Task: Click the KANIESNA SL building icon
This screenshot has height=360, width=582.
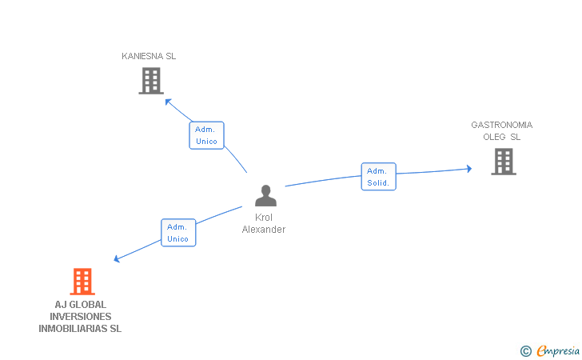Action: tap(151, 81)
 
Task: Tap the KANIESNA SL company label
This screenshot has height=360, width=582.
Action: tap(149, 56)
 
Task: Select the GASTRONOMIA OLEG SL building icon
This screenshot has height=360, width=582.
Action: tap(503, 162)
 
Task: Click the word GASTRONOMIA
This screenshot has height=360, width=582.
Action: tap(501, 125)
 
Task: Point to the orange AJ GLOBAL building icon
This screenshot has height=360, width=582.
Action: tap(82, 282)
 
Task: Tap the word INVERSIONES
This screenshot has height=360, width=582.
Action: tap(80, 316)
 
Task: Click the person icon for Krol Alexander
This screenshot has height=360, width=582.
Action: tap(265, 196)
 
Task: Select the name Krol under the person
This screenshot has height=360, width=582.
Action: tap(264, 218)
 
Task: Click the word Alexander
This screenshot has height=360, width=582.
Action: tap(264, 230)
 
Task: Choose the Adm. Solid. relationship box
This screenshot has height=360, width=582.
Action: tap(378, 177)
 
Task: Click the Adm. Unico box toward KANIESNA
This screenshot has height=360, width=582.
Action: tap(206, 135)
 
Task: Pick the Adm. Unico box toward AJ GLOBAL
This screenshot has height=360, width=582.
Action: tap(178, 232)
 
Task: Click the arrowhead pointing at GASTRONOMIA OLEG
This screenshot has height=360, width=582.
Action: tap(468, 169)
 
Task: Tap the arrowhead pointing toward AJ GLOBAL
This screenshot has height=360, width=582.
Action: tap(118, 258)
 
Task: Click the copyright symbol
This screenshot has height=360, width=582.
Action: tap(525, 350)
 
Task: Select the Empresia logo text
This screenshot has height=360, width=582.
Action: tap(558, 350)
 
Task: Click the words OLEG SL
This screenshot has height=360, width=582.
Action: tap(501, 137)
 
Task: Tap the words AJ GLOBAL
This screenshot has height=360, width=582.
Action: tap(80, 304)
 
